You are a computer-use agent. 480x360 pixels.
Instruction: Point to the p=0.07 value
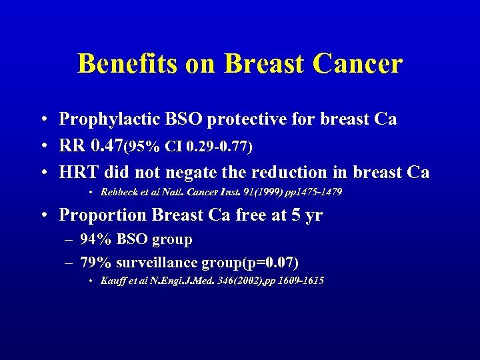pyautogui.click(x=269, y=261)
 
